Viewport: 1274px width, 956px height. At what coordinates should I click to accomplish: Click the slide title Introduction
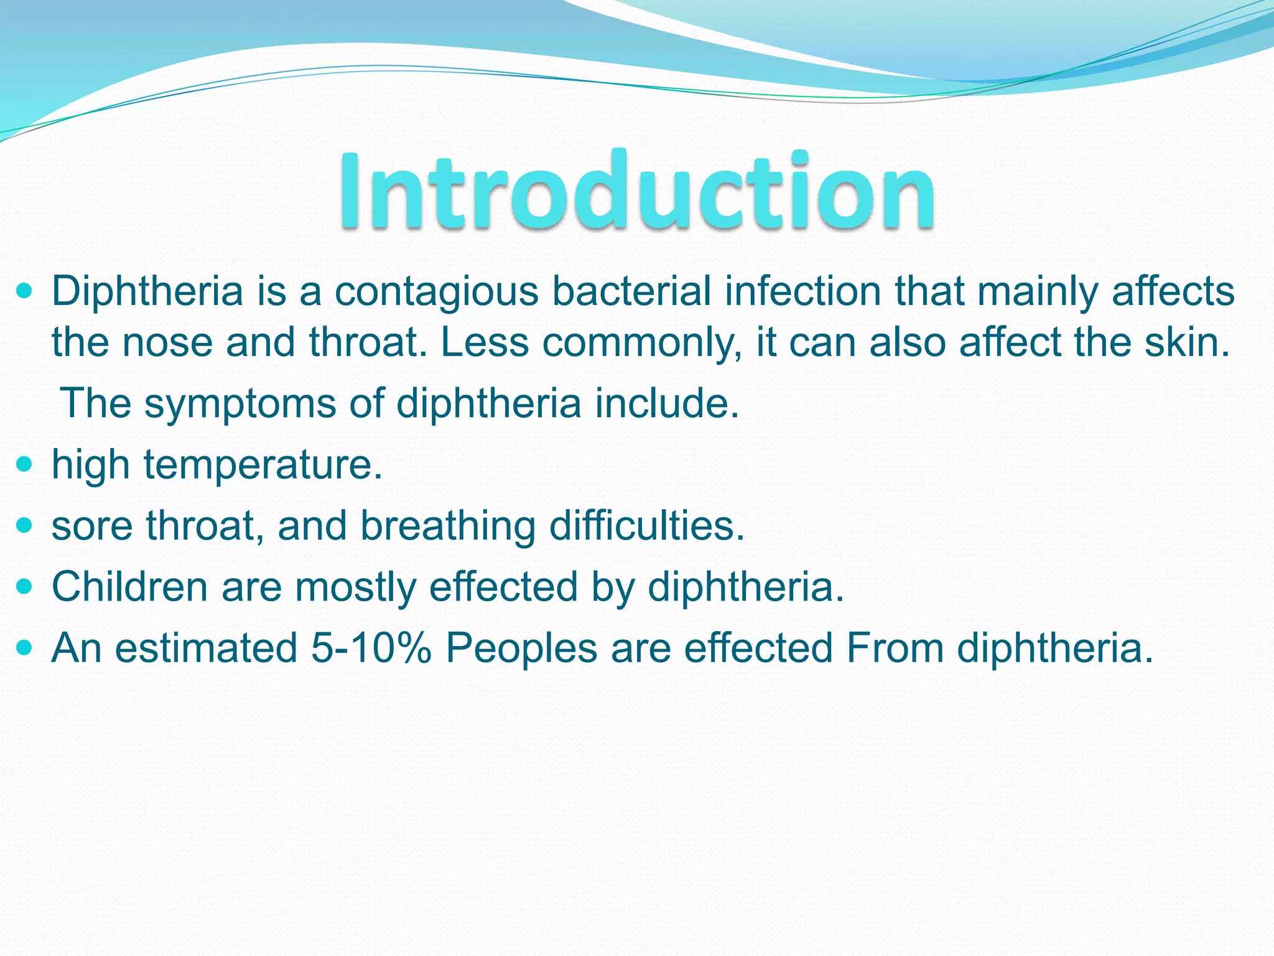636,190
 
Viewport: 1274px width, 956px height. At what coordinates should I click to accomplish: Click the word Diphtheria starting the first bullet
147,291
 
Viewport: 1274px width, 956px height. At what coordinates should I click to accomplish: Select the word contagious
437,291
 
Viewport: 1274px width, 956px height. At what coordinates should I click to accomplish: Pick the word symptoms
239,404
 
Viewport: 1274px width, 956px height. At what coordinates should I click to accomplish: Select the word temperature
263,465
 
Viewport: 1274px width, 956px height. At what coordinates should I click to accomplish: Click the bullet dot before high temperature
24,464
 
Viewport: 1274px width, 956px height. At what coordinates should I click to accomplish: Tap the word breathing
448,526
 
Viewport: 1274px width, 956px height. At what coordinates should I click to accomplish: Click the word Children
129,587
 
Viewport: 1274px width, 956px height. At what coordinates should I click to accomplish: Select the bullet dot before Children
24,586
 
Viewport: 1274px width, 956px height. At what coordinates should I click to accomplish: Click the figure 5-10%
371,648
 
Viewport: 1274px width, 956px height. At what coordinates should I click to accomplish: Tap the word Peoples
521,649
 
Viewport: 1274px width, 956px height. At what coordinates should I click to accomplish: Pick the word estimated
206,648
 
